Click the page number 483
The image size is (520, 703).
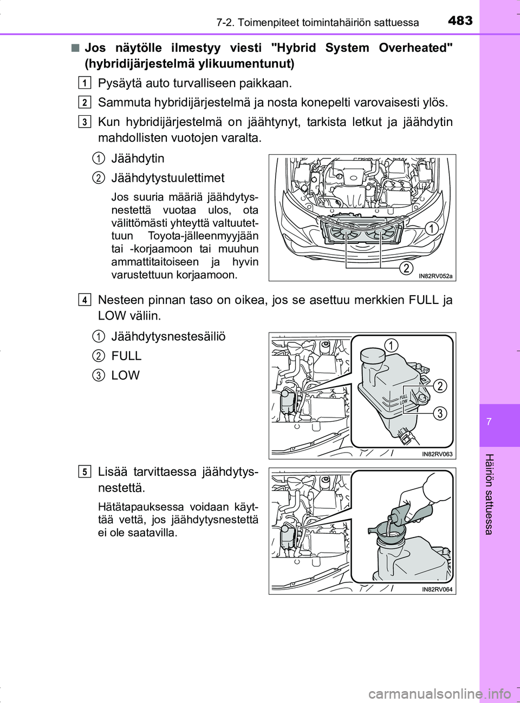tap(460, 21)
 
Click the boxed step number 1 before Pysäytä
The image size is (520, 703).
tap(84, 83)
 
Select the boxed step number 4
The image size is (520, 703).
tap(84, 300)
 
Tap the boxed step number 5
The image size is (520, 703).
tap(84, 472)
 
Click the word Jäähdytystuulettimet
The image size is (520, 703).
tap(168, 178)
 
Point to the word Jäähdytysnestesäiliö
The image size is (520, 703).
tap(168, 336)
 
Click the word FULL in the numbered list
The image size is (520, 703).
tap(126, 356)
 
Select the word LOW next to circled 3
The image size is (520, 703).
tap(126, 375)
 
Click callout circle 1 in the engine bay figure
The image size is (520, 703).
tap(431, 228)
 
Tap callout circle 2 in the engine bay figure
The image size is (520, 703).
tap(406, 268)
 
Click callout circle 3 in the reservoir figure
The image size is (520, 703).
tap(440, 414)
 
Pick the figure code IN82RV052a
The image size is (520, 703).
tap(435, 276)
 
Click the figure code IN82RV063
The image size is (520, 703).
tap(437, 454)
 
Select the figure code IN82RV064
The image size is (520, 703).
tap(437, 589)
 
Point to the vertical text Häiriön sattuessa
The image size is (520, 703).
tap(489, 494)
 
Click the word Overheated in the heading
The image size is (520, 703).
tap(415, 48)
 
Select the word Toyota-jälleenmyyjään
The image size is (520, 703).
tap(203, 236)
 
